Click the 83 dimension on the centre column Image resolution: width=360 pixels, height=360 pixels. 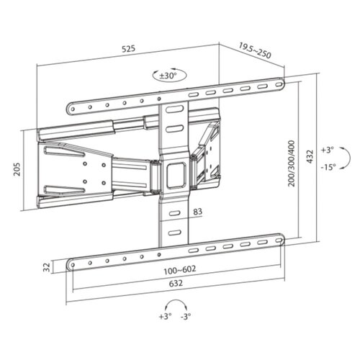[x=197, y=211]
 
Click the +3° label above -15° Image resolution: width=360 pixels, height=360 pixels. [x=328, y=150]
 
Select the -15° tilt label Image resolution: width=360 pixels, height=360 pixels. [x=328, y=167]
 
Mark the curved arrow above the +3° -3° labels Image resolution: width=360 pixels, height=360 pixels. [x=175, y=304]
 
